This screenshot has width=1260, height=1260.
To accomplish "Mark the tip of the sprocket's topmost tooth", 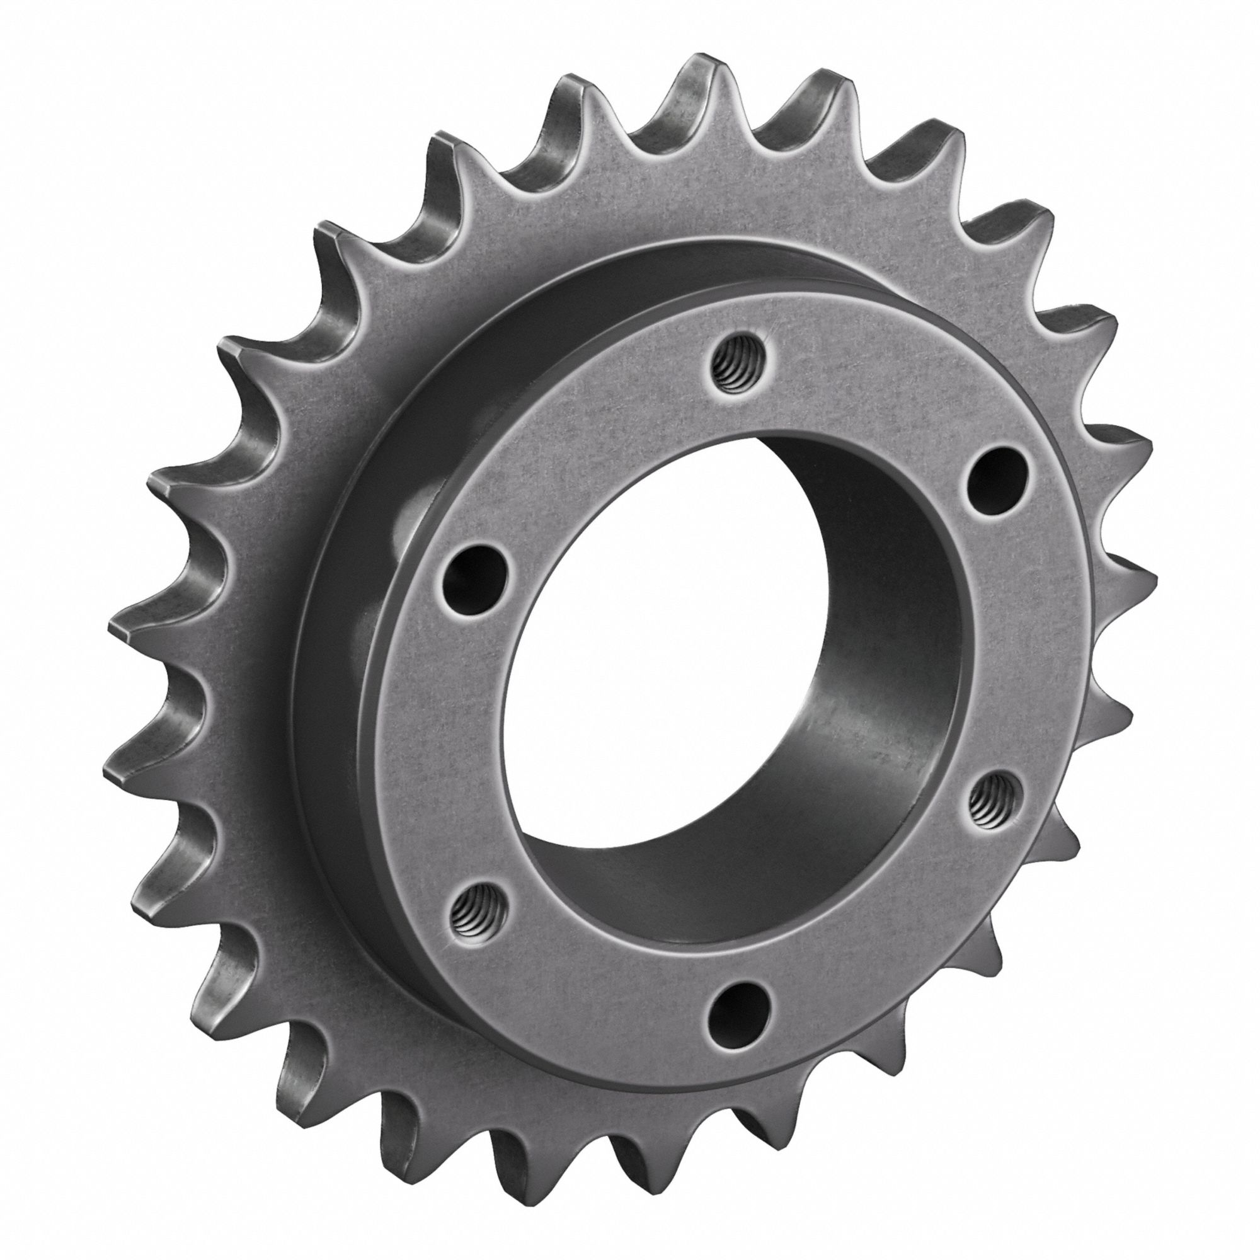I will point(703,66).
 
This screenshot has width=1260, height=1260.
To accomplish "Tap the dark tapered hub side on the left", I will point(339,652).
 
